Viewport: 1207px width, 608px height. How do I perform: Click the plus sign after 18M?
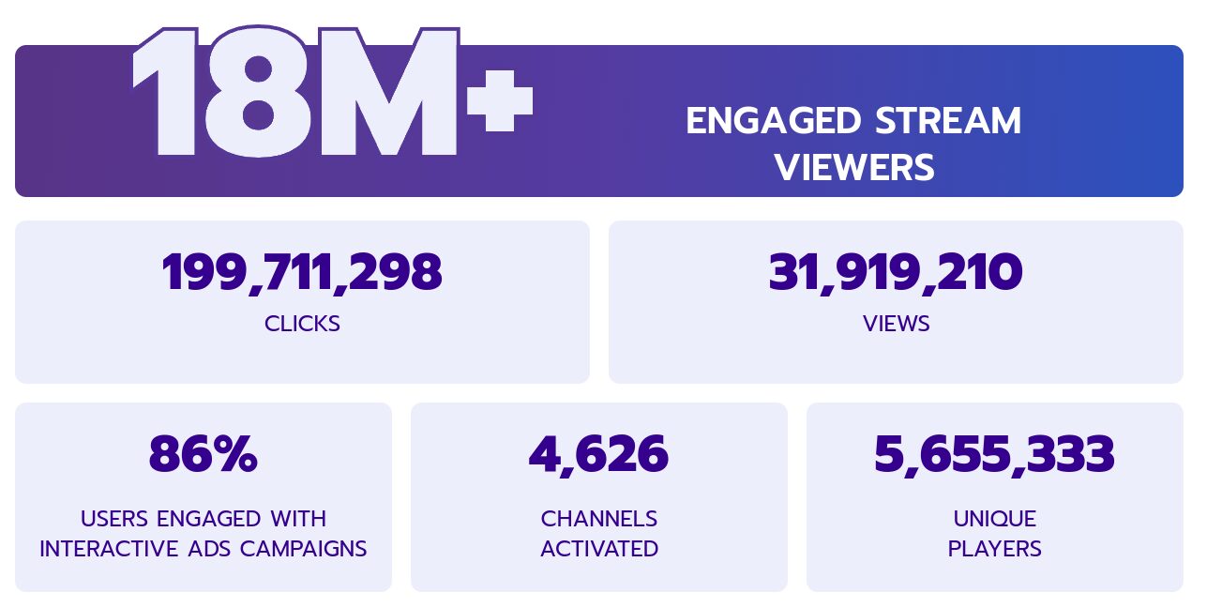click(500, 100)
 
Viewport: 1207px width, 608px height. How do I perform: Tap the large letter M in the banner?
click(387, 92)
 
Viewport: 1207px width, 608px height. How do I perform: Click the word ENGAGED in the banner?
click(773, 120)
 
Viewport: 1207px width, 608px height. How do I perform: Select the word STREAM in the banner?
click(948, 120)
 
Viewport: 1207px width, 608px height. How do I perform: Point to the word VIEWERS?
click(854, 167)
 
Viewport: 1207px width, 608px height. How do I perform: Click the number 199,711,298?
click(302, 273)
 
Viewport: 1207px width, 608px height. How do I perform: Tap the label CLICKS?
click(302, 324)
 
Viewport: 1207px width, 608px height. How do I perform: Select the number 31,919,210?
click(896, 273)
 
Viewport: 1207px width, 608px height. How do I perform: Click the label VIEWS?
click(896, 324)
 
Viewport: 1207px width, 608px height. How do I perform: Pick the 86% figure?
click(204, 454)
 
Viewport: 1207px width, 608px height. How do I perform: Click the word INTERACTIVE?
click(109, 549)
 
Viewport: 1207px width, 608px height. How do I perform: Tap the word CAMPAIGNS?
click(303, 549)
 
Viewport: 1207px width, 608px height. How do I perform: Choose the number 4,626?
click(598, 455)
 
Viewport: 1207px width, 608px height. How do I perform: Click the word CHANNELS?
click(598, 519)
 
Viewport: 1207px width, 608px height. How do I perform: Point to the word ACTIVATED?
click(599, 549)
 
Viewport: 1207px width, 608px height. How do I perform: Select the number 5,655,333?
click(994, 455)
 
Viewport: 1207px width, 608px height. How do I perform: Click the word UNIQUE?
click(995, 519)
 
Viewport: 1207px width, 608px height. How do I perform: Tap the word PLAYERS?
click(995, 549)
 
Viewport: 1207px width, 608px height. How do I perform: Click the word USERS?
click(114, 519)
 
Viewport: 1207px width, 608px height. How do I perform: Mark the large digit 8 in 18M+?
click(258, 92)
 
